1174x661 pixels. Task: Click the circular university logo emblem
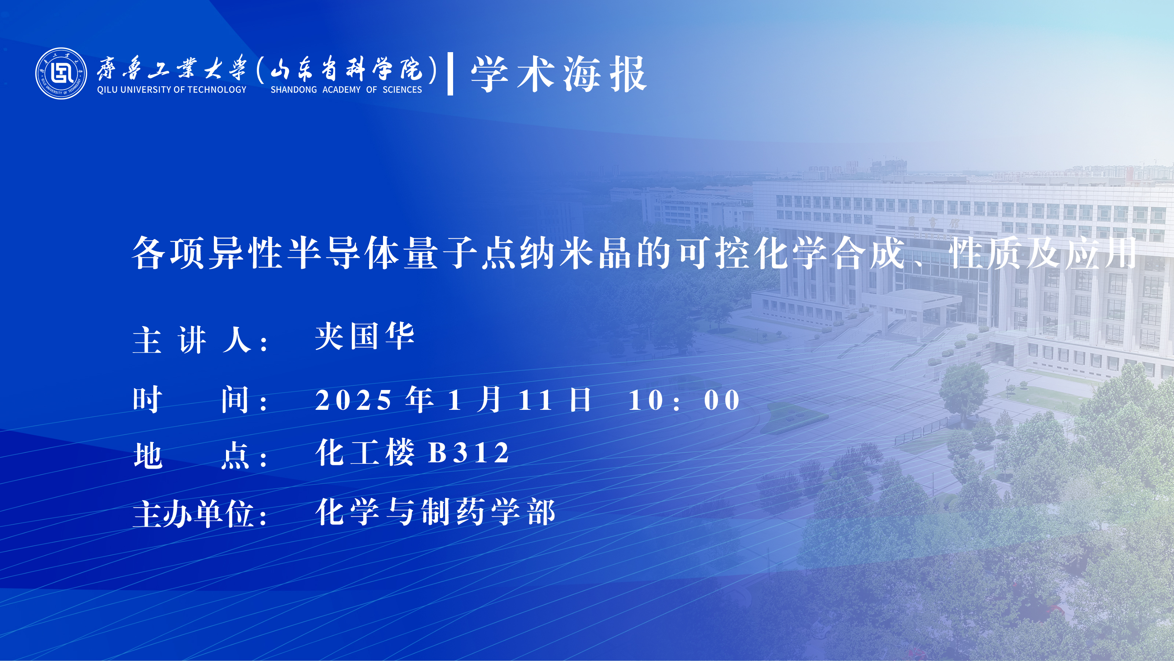coord(61,73)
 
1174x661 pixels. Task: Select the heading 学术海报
coord(559,74)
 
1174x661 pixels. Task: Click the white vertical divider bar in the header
coord(450,74)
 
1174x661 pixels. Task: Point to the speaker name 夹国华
coord(365,336)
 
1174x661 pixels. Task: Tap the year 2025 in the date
coord(353,400)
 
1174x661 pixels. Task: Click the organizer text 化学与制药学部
coord(435,512)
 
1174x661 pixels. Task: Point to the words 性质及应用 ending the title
coord(1043,253)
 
